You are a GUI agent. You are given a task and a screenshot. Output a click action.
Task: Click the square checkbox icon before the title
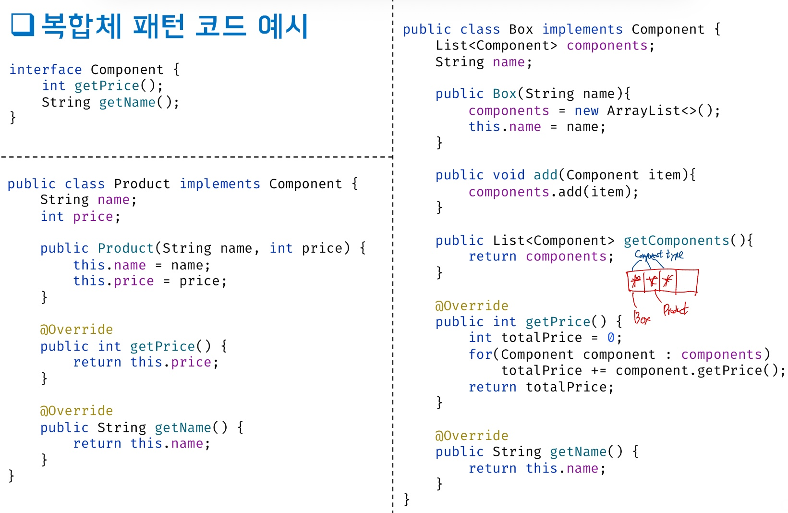pos(23,24)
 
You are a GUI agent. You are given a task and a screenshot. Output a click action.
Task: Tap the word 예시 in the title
pos(283,26)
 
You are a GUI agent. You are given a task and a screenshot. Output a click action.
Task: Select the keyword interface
pos(46,70)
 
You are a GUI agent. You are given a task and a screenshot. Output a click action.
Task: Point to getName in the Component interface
pos(127,102)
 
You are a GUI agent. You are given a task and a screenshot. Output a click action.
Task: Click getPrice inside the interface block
pos(107,86)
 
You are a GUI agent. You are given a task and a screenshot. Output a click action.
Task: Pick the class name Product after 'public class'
pos(142,184)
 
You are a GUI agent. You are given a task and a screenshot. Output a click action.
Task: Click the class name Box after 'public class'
pos(521,29)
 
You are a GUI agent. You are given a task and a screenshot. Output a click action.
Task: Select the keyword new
pos(586,111)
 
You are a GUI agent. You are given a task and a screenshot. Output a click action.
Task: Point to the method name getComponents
pos(676,241)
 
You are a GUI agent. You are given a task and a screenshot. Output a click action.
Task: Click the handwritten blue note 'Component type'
pos(659,255)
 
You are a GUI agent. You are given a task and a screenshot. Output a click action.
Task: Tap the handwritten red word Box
pos(642,318)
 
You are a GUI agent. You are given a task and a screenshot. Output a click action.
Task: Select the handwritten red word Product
pos(675,310)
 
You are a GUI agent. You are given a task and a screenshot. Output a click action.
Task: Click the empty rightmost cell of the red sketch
pos(687,281)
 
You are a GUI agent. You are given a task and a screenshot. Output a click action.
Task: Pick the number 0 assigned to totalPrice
pos(611,338)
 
